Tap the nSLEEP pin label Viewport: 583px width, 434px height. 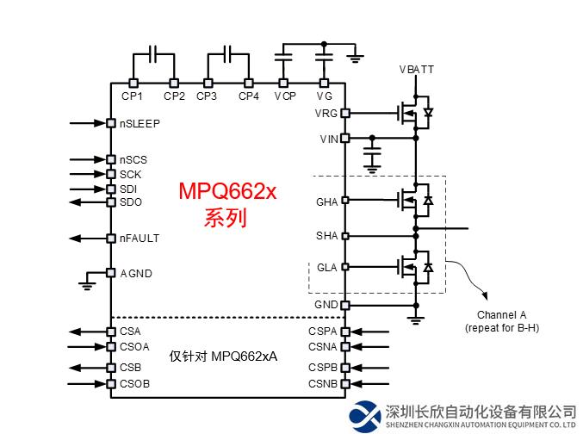[x=140, y=123]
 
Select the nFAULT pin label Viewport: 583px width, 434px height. [x=140, y=238]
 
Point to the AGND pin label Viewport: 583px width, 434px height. [x=135, y=273]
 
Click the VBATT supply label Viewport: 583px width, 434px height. [x=417, y=69]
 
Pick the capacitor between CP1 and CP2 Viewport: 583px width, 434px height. [x=153, y=54]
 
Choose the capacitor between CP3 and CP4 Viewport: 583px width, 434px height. [x=227, y=54]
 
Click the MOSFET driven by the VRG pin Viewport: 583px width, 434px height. [x=408, y=113]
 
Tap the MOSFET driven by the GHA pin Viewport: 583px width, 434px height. [x=408, y=201]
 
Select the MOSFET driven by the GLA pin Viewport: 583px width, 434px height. [x=408, y=267]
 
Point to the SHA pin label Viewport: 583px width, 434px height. [x=327, y=235]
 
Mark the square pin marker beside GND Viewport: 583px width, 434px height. [x=345, y=305]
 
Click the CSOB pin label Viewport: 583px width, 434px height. [x=135, y=383]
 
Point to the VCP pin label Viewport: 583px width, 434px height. [x=285, y=96]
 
